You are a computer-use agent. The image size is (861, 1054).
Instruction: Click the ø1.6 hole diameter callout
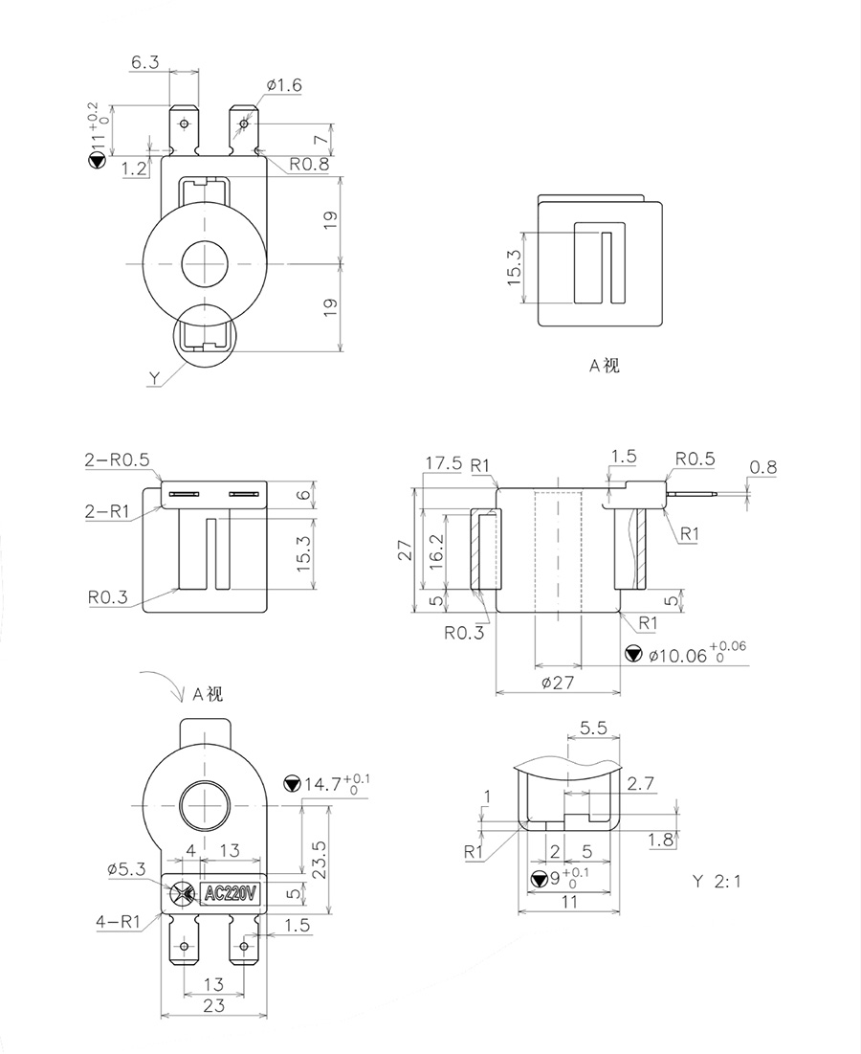pyautogui.click(x=283, y=86)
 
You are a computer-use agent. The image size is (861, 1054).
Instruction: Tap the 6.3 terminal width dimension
pyautogui.click(x=144, y=62)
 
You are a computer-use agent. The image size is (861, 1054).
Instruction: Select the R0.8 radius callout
pyautogui.click(x=309, y=165)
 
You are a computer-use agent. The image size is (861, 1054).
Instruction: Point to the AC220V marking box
pyautogui.click(x=231, y=894)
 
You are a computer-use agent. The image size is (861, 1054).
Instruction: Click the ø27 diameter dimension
pyautogui.click(x=559, y=682)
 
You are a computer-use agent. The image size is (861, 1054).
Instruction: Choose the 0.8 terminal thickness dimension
pyautogui.click(x=763, y=467)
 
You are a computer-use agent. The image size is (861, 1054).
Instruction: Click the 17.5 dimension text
pyautogui.click(x=444, y=463)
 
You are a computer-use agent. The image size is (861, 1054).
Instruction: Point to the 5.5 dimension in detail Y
pyautogui.click(x=594, y=728)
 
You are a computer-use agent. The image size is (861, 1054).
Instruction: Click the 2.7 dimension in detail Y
pyautogui.click(x=642, y=784)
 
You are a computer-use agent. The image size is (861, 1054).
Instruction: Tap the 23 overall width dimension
pyautogui.click(x=213, y=1006)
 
